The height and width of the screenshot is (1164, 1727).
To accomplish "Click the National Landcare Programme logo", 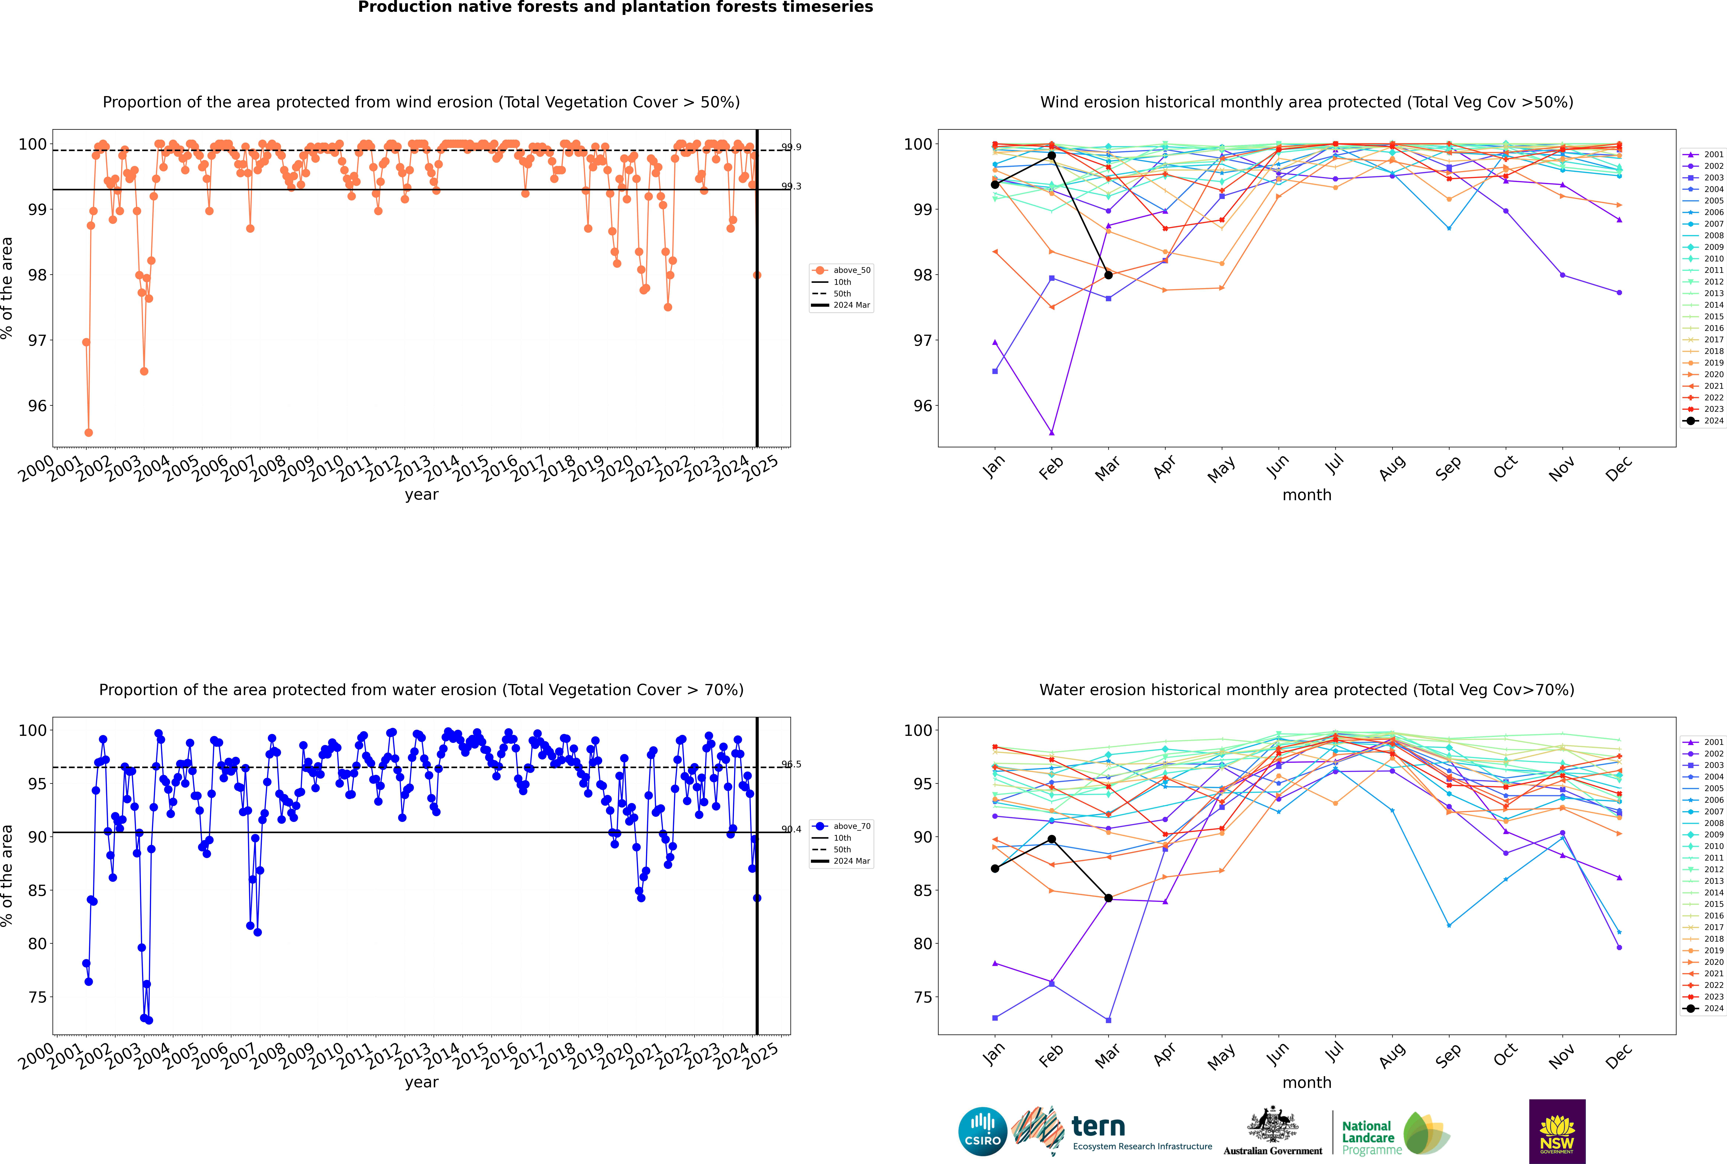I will [1394, 1134].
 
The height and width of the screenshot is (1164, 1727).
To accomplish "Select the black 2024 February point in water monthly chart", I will [1051, 839].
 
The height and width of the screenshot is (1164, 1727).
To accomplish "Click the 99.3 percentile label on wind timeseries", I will [792, 186].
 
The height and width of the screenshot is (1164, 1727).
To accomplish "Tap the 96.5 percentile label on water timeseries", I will [792, 764].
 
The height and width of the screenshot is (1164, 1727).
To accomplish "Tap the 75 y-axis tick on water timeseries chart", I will [37, 997].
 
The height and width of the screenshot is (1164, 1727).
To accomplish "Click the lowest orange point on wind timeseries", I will [88, 432].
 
